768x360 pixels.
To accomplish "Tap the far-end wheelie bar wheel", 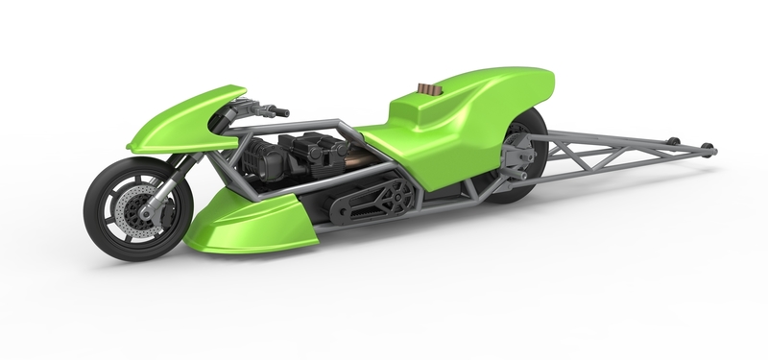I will click(708, 147).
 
